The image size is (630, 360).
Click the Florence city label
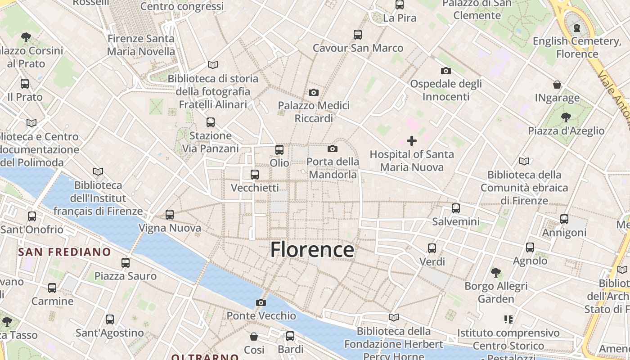pyautogui.click(x=312, y=250)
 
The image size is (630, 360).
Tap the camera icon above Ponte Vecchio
pyautogui.click(x=261, y=302)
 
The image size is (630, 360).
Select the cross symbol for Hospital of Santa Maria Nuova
pyautogui.click(x=412, y=141)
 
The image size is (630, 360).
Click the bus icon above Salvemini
pyautogui.click(x=456, y=208)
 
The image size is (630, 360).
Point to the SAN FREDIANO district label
pyautogui.click(x=64, y=252)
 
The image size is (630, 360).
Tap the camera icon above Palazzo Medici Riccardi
pyautogui.click(x=314, y=93)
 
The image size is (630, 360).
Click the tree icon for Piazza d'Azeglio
pyautogui.click(x=566, y=117)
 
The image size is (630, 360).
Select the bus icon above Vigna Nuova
pyautogui.click(x=170, y=215)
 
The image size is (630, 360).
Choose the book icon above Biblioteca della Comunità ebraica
pyautogui.click(x=524, y=161)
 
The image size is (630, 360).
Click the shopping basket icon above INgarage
pyautogui.click(x=557, y=85)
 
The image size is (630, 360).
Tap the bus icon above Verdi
pyautogui.click(x=432, y=248)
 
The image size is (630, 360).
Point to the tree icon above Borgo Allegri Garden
pyautogui.click(x=496, y=272)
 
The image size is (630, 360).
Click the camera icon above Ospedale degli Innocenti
pyautogui.click(x=446, y=71)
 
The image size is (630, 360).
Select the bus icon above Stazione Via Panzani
pyautogui.click(x=210, y=122)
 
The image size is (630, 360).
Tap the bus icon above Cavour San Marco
pyautogui.click(x=358, y=34)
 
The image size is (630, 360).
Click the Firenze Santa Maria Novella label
pyautogui.click(x=141, y=45)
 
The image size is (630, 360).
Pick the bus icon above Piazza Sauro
pyautogui.click(x=126, y=262)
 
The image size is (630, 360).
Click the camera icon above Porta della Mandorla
pyautogui.click(x=333, y=148)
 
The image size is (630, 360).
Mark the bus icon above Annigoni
pyautogui.click(x=564, y=219)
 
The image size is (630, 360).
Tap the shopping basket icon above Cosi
pyautogui.click(x=254, y=336)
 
